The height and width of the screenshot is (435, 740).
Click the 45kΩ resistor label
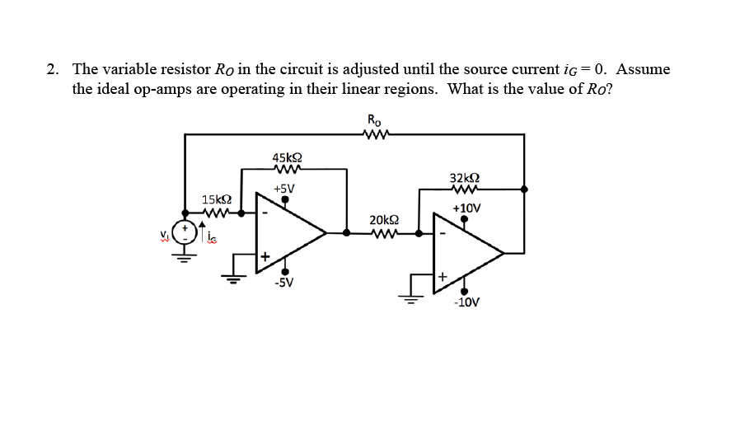coord(286,157)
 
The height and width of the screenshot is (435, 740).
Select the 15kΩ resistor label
coord(216,199)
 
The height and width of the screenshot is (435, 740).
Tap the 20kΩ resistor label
coord(385,220)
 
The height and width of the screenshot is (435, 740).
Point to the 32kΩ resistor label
coord(466,177)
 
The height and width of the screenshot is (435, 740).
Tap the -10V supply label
coord(466,302)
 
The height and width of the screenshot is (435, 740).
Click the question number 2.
coord(52,69)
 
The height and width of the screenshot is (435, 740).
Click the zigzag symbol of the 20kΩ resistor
coord(385,233)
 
